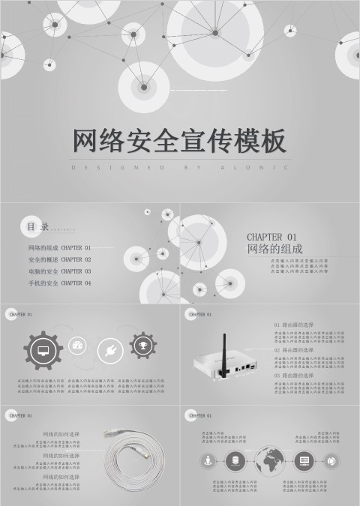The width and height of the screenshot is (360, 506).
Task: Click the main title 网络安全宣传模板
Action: click(180, 141)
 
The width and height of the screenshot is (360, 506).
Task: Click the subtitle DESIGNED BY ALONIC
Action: click(180, 168)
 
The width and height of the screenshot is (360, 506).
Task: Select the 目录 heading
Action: click(38, 226)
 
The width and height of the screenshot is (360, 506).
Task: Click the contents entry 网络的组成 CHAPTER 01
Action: click(59, 247)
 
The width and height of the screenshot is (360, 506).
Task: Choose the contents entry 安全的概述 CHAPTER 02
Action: click(59, 259)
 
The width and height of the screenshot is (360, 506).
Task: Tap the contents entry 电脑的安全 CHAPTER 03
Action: click(59, 271)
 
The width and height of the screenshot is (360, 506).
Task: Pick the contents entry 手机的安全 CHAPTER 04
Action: click(59, 283)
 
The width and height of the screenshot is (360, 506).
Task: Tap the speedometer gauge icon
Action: click(77, 346)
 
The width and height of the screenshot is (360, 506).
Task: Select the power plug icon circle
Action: click(109, 350)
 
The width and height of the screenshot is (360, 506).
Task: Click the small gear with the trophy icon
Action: click(142, 346)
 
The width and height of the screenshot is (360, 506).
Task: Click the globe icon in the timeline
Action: click(270, 460)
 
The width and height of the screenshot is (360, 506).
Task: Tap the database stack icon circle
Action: click(235, 460)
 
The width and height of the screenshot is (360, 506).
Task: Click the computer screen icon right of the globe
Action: click(304, 460)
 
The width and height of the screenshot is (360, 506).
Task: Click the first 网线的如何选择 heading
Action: click(61, 434)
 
